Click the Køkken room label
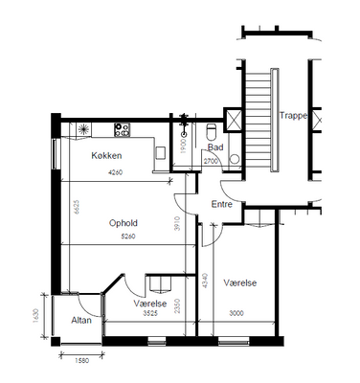[106, 156]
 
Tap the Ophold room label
[124, 223]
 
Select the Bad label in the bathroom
[215, 147]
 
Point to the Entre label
[222, 204]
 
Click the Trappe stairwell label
[294, 116]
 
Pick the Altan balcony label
[81, 320]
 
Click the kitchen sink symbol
[83, 129]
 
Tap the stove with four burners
[123, 130]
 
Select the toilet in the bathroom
[212, 132]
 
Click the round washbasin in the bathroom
[235, 159]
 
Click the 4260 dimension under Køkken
[116, 172]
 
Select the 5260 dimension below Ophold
[128, 237]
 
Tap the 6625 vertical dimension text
[77, 207]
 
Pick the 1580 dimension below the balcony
[82, 361]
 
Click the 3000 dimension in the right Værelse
[236, 313]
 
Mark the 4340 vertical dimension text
[205, 281]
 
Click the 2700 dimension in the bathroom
[211, 161]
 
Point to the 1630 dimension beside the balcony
[35, 316]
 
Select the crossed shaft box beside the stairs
[234, 120]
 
